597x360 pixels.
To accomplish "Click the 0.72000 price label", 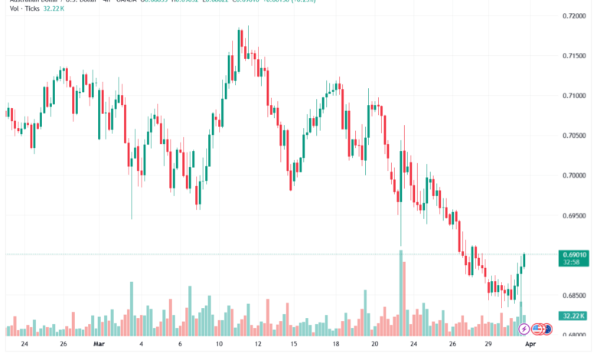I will pos(574,15).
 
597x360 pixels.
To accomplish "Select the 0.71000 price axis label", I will pos(574,96).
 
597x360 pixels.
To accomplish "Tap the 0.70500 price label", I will pos(574,136).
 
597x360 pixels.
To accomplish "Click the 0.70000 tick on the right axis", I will pos(574,175).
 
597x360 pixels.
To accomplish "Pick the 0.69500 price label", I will pos(574,216).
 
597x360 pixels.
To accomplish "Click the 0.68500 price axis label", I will pos(574,296).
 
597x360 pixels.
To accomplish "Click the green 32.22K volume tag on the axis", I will pos(573,316).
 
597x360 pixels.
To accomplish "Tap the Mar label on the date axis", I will pos(99,345).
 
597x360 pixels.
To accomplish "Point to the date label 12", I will pos(258,345).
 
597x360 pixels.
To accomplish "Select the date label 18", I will pos(336,345).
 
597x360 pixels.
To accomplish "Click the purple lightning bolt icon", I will pos(524,329).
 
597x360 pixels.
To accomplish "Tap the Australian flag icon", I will pos(546,329).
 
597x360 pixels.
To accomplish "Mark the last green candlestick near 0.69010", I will pos(524,260).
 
